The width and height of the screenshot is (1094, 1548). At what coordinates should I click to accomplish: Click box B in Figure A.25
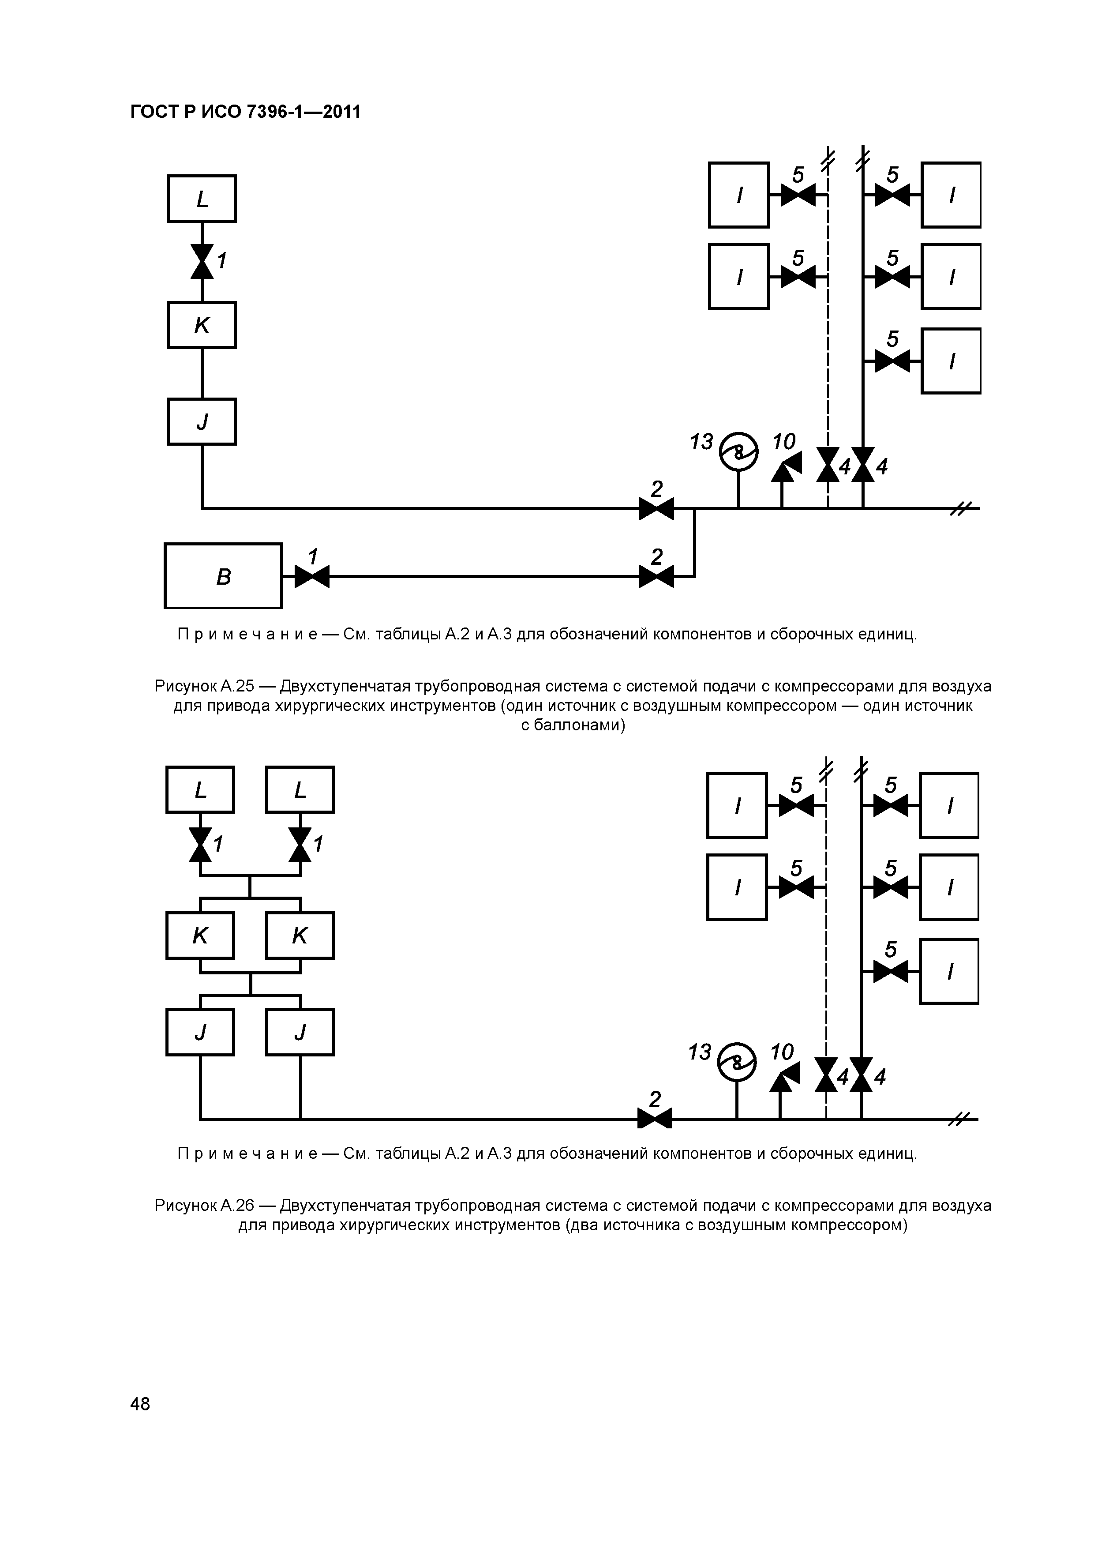pyautogui.click(x=223, y=576)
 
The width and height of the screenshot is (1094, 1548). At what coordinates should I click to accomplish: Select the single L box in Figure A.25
pyautogui.click(x=202, y=199)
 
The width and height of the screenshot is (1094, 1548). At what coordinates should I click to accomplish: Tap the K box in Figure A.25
pyautogui.click(x=202, y=325)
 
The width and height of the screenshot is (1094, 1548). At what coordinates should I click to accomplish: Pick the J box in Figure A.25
pyautogui.click(x=202, y=421)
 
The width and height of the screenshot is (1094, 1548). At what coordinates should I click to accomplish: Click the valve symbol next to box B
pyautogui.click(x=311, y=576)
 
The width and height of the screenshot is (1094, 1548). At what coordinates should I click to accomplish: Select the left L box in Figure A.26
pyautogui.click(x=200, y=789)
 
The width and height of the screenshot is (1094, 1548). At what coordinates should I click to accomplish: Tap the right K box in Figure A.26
pyautogui.click(x=300, y=935)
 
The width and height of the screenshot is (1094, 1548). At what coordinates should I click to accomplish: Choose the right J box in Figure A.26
pyautogui.click(x=300, y=1032)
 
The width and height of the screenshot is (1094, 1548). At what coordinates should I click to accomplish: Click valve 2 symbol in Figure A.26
pyautogui.click(x=655, y=1119)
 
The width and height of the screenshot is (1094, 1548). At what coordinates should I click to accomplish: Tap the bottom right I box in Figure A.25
pyautogui.click(x=951, y=361)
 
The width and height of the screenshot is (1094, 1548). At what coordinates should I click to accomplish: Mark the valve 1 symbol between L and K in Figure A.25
pyautogui.click(x=202, y=261)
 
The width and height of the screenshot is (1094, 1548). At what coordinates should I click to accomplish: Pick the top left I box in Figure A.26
pyautogui.click(x=737, y=805)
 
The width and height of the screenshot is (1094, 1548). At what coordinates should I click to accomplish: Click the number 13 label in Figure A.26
pyautogui.click(x=700, y=1052)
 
